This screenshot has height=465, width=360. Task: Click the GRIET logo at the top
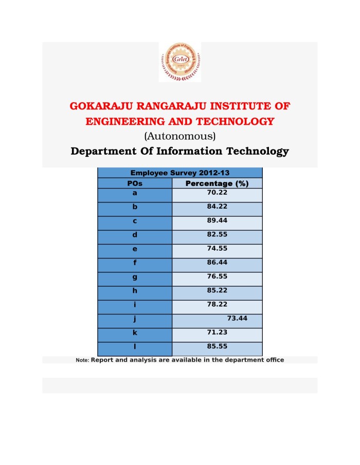tap(179, 62)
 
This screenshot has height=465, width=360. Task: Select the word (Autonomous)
tap(179, 136)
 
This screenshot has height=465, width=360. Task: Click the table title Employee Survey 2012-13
tap(179, 173)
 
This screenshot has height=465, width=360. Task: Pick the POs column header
tap(134, 183)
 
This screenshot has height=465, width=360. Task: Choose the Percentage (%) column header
tap(217, 183)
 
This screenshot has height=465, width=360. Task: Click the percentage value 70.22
tap(217, 193)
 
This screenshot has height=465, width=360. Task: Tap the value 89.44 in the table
tap(217, 220)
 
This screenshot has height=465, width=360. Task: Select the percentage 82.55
tap(217, 234)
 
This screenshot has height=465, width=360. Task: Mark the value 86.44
tap(217, 262)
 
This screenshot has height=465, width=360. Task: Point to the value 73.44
tap(237, 319)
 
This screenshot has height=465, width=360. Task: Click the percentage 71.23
tap(217, 332)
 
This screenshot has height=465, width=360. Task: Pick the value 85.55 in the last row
tap(217, 346)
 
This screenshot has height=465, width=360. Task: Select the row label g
tap(134, 276)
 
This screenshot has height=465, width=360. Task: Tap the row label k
tap(134, 332)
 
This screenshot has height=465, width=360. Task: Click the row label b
tap(134, 207)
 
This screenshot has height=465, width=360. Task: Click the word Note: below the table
tap(82, 361)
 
